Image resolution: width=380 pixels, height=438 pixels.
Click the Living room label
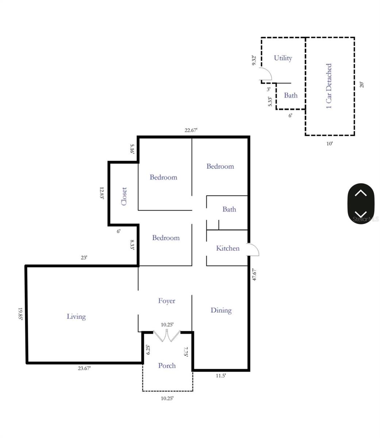[76, 316]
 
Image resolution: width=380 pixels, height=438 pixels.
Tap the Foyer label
[166, 301]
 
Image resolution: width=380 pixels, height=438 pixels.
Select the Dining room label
[221, 310]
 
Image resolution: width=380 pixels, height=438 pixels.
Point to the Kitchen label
[228, 248]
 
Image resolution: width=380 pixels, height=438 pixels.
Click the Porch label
[167, 365]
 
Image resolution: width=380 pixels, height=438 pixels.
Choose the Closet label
[124, 196]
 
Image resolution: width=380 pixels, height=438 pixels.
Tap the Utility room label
[283, 58]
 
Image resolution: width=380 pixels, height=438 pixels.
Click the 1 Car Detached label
[329, 86]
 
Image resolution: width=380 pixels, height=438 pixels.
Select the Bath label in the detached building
[291, 95]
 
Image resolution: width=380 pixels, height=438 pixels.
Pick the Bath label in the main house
[229, 209]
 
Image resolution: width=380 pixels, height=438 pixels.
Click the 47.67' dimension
[254, 274]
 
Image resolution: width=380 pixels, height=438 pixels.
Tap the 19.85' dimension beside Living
[21, 314]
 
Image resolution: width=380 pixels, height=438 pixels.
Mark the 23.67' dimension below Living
[84, 368]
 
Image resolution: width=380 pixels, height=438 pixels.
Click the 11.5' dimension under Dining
[220, 376]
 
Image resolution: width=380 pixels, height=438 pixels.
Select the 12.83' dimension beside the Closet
[102, 193]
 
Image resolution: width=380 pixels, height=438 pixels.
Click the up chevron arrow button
[361, 193]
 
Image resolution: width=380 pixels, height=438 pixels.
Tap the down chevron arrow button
[361, 214]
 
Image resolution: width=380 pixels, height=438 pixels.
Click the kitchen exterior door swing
[253, 250]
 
